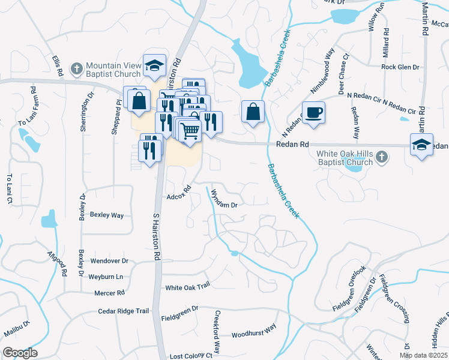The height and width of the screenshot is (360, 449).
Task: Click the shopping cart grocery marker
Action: (190, 130)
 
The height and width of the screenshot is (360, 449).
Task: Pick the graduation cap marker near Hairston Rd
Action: (154, 66)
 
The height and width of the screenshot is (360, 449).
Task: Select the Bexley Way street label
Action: (106, 215)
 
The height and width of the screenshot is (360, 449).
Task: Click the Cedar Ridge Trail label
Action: (124, 311)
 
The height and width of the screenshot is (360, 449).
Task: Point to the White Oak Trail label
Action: (187, 287)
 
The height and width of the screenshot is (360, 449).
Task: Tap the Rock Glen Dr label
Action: (400, 67)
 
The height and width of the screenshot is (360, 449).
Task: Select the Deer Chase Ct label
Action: (344, 76)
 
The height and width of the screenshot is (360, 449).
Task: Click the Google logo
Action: (20, 353)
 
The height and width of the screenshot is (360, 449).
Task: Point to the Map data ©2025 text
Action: (423, 355)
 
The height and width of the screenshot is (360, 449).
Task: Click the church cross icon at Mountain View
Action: (76, 69)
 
